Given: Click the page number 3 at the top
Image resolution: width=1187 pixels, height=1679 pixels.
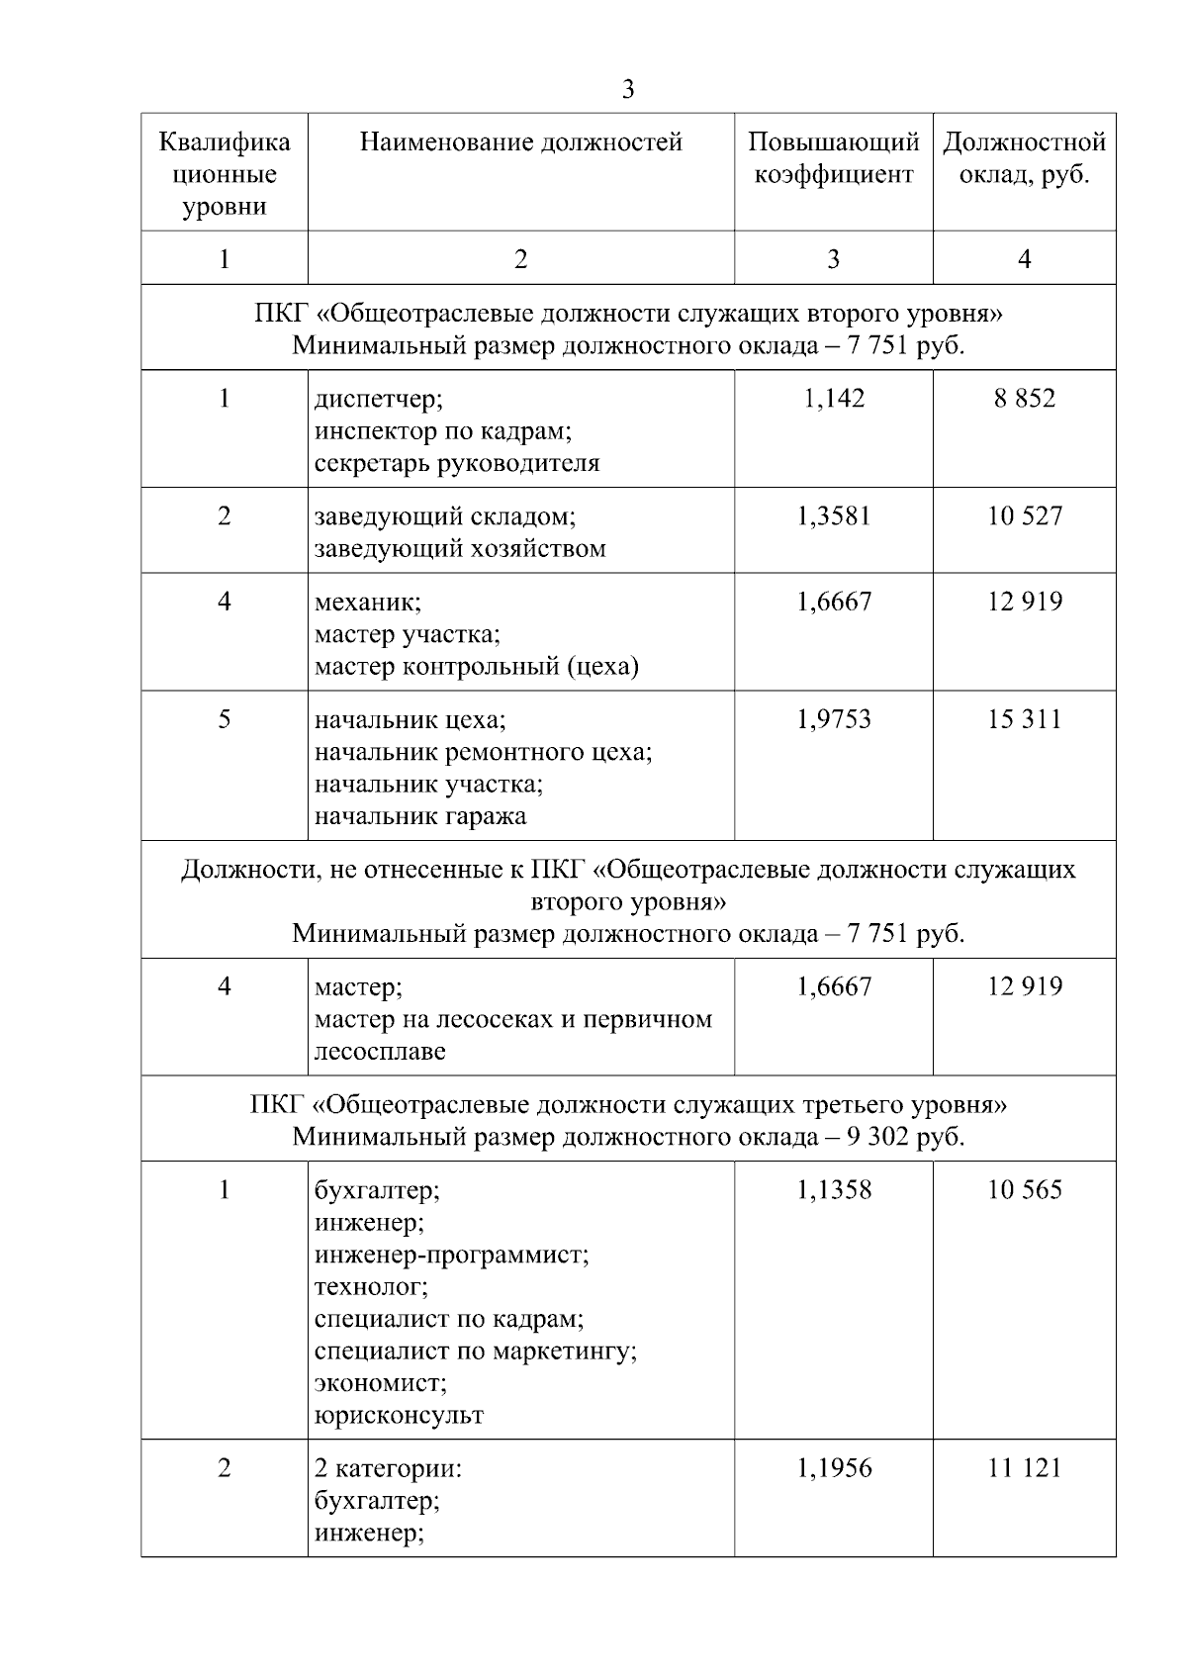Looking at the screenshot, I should [628, 90].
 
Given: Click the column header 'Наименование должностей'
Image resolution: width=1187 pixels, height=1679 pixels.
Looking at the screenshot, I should [520, 142].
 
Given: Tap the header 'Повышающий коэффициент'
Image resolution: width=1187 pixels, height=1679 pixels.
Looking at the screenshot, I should [833, 158].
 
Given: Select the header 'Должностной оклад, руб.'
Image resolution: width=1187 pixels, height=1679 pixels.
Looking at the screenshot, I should [1024, 158].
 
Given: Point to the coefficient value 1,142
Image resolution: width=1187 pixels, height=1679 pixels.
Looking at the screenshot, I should [834, 399].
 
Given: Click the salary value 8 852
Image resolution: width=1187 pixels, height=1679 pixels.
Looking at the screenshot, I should [1025, 399].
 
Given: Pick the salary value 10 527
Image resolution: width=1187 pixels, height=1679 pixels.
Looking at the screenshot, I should [1025, 515].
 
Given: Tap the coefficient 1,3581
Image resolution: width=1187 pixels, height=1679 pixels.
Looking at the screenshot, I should [834, 515].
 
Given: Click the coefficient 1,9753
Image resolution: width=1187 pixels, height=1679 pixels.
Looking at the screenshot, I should [834, 719].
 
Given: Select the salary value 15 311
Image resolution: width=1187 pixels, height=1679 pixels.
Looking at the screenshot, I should [1025, 719].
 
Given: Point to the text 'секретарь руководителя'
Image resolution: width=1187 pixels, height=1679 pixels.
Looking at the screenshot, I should [457, 463].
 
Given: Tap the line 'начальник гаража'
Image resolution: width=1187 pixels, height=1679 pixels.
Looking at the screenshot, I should [420, 816].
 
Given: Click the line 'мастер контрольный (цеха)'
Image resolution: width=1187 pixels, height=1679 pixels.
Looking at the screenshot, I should [477, 666].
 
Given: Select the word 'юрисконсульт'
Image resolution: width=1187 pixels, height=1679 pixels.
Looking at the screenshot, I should [399, 1415].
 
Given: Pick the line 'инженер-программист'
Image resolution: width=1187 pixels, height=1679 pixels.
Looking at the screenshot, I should [451, 1255].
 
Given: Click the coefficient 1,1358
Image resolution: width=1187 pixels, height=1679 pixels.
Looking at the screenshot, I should [834, 1189].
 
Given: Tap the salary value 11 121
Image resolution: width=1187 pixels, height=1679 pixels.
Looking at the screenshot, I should [1025, 1467].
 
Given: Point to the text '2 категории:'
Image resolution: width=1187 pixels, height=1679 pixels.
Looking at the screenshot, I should [389, 1468].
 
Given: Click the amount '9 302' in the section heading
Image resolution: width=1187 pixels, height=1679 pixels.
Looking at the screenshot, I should [873, 1136].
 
